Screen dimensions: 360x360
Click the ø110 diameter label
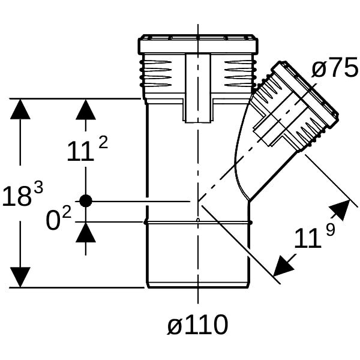coord(197,325)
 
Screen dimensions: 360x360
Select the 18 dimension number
coord(17,196)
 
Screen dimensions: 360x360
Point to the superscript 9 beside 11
coord(331,229)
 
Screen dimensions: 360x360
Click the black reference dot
coord(86,201)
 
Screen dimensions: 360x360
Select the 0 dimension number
coord(53,221)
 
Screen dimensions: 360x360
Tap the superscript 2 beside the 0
coord(67,213)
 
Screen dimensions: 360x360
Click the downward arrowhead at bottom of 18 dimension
coord(20,277)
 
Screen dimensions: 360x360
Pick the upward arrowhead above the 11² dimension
coord(86,109)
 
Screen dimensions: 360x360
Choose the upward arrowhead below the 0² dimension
coord(86,232)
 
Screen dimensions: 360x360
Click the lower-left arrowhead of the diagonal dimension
coord(283,265)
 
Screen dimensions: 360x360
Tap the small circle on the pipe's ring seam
coord(198,220)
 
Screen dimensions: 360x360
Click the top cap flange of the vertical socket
coord(198,45)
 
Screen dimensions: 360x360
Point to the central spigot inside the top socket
coord(198,88)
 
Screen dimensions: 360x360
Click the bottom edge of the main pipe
coord(198,287)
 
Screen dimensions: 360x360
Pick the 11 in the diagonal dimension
coord(308,239)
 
